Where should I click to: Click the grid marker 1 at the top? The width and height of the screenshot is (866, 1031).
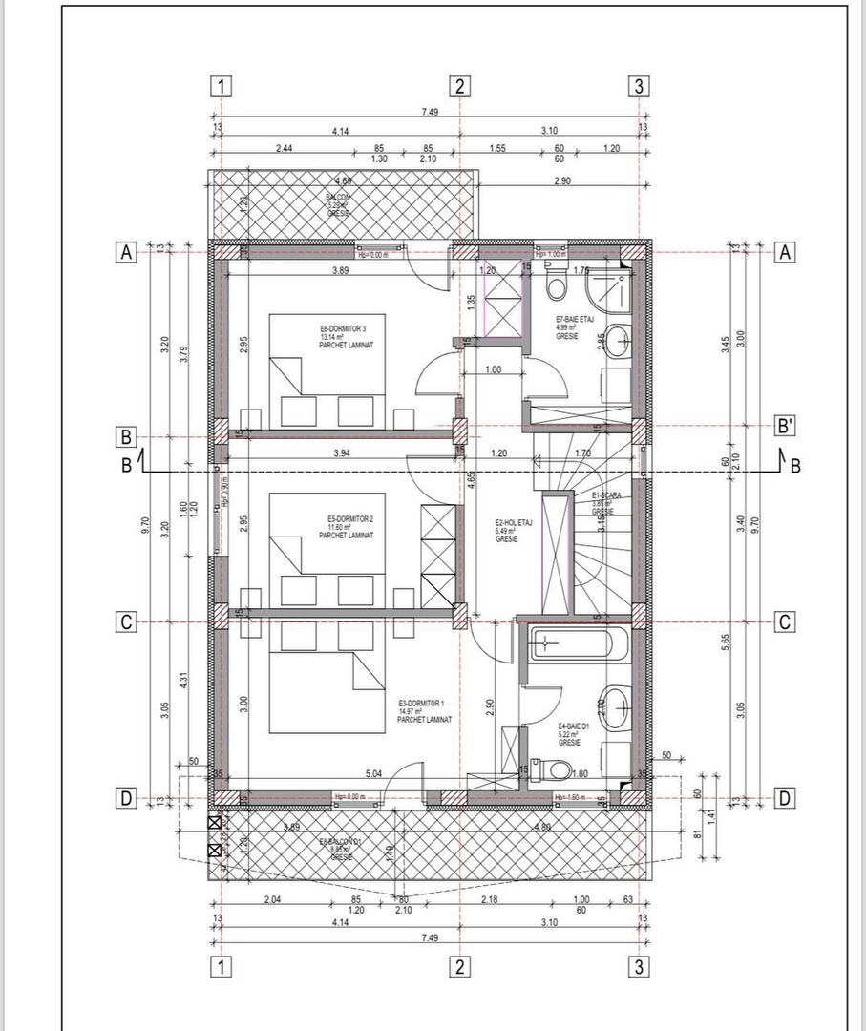click(x=222, y=86)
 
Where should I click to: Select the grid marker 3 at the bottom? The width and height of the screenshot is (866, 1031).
click(x=639, y=967)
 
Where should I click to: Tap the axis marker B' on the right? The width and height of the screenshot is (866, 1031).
click(x=784, y=427)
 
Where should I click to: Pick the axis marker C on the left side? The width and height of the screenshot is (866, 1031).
click(x=124, y=622)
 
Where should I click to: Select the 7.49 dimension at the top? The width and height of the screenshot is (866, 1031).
click(x=429, y=112)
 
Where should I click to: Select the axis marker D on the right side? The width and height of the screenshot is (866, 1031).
click(x=784, y=799)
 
